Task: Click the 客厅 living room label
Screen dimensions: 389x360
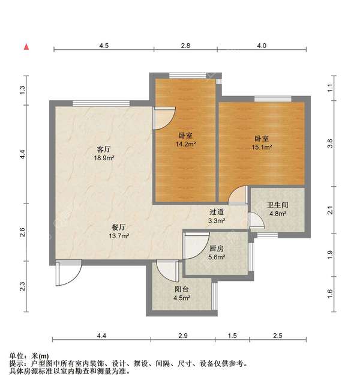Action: click(104, 149)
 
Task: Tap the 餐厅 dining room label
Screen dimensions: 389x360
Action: click(118, 227)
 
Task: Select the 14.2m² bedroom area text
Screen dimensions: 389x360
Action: click(185, 144)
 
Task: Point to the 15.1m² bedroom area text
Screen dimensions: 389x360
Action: click(262, 146)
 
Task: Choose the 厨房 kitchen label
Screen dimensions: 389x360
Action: click(217, 248)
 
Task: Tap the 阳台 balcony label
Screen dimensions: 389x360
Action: click(182, 289)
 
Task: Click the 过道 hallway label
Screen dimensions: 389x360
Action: click(217, 212)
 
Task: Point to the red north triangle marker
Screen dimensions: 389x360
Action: click(26, 46)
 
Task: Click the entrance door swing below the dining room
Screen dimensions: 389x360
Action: click(66, 273)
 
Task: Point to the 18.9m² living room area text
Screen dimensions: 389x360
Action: click(104, 158)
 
